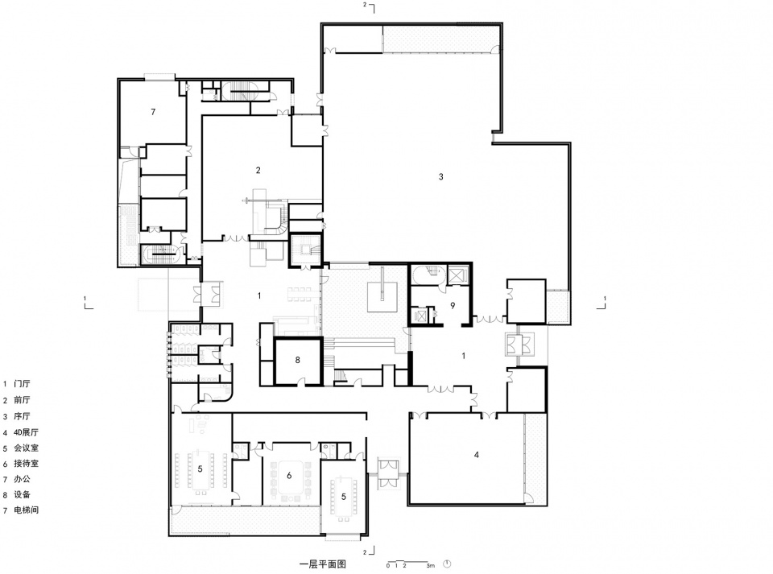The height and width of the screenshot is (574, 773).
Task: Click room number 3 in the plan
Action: [x=440, y=176]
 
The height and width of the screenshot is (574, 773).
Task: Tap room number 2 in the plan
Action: [x=258, y=171]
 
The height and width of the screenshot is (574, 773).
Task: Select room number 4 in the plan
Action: [x=476, y=455]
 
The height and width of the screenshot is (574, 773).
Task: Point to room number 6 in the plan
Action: [x=289, y=476]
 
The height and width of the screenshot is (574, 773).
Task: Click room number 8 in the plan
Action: [x=297, y=360]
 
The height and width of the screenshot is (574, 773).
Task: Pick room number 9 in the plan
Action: [x=453, y=305]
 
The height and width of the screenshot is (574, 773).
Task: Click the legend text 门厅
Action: [x=22, y=384]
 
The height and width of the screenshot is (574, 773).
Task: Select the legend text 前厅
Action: [x=22, y=400]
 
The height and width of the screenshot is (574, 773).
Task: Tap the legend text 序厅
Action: [x=22, y=416]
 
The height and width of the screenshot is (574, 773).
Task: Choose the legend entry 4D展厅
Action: [x=26, y=432]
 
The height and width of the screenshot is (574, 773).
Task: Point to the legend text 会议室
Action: [x=26, y=448]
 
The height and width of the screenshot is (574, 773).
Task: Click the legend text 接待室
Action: [x=26, y=464]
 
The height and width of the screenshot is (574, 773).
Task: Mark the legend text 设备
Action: [x=22, y=494]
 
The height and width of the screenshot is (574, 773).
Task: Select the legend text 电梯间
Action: [x=26, y=510]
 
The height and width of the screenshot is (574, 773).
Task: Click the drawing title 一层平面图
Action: [x=323, y=564]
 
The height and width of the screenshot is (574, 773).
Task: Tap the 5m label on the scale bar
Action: [x=430, y=566]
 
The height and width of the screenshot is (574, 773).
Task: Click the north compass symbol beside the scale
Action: [x=447, y=564]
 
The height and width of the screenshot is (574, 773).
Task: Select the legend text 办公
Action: [x=22, y=479]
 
